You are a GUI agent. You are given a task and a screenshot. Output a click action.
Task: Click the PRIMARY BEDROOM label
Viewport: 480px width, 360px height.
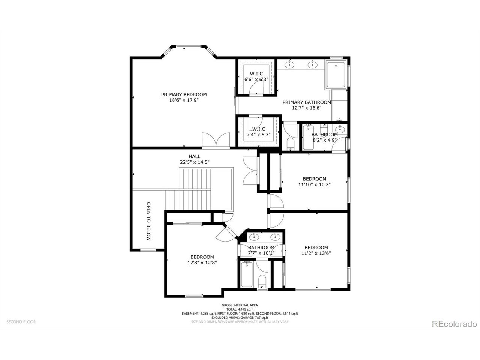point(184,94)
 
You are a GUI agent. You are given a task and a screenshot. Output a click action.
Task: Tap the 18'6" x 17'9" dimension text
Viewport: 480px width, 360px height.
point(184,100)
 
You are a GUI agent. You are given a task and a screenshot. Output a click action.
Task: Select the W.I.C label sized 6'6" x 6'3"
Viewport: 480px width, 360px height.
point(256,74)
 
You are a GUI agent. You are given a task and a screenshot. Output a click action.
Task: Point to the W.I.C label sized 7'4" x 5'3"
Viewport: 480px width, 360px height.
point(259,129)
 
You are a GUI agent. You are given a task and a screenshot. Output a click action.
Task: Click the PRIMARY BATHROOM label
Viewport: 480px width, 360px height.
point(307,102)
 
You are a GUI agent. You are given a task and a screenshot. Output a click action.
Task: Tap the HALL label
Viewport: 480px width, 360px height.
point(194,157)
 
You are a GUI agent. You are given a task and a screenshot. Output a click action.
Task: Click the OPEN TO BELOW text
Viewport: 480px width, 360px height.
point(149,221)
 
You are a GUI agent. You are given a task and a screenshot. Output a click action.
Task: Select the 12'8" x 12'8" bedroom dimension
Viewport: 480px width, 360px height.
point(202,262)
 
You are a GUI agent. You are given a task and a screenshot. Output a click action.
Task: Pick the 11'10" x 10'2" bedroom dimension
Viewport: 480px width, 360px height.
point(314,184)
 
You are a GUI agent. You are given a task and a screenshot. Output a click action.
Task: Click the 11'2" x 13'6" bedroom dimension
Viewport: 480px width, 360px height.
point(316,253)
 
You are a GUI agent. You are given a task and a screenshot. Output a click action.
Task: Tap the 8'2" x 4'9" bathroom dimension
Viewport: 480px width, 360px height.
point(324,140)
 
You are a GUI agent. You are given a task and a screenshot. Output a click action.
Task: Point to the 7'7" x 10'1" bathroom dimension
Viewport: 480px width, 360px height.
point(261,253)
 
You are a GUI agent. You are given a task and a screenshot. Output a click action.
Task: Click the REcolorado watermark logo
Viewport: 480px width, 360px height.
point(454,324)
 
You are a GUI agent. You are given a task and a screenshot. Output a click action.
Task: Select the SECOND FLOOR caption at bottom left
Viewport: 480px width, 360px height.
point(21,322)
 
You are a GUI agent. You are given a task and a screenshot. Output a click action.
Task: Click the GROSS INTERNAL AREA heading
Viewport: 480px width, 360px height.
point(240,305)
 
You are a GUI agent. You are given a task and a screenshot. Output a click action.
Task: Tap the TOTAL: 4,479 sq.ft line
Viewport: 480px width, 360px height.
point(240,309)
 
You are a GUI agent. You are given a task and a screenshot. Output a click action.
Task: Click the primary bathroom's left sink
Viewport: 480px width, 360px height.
point(289,64)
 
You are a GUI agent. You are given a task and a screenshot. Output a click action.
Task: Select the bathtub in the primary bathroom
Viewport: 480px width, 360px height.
point(336,75)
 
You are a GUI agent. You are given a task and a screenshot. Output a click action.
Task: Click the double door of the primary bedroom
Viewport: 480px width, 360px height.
point(216,140)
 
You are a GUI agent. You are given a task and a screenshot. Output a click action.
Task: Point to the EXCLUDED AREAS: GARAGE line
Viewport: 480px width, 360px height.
point(240,318)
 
